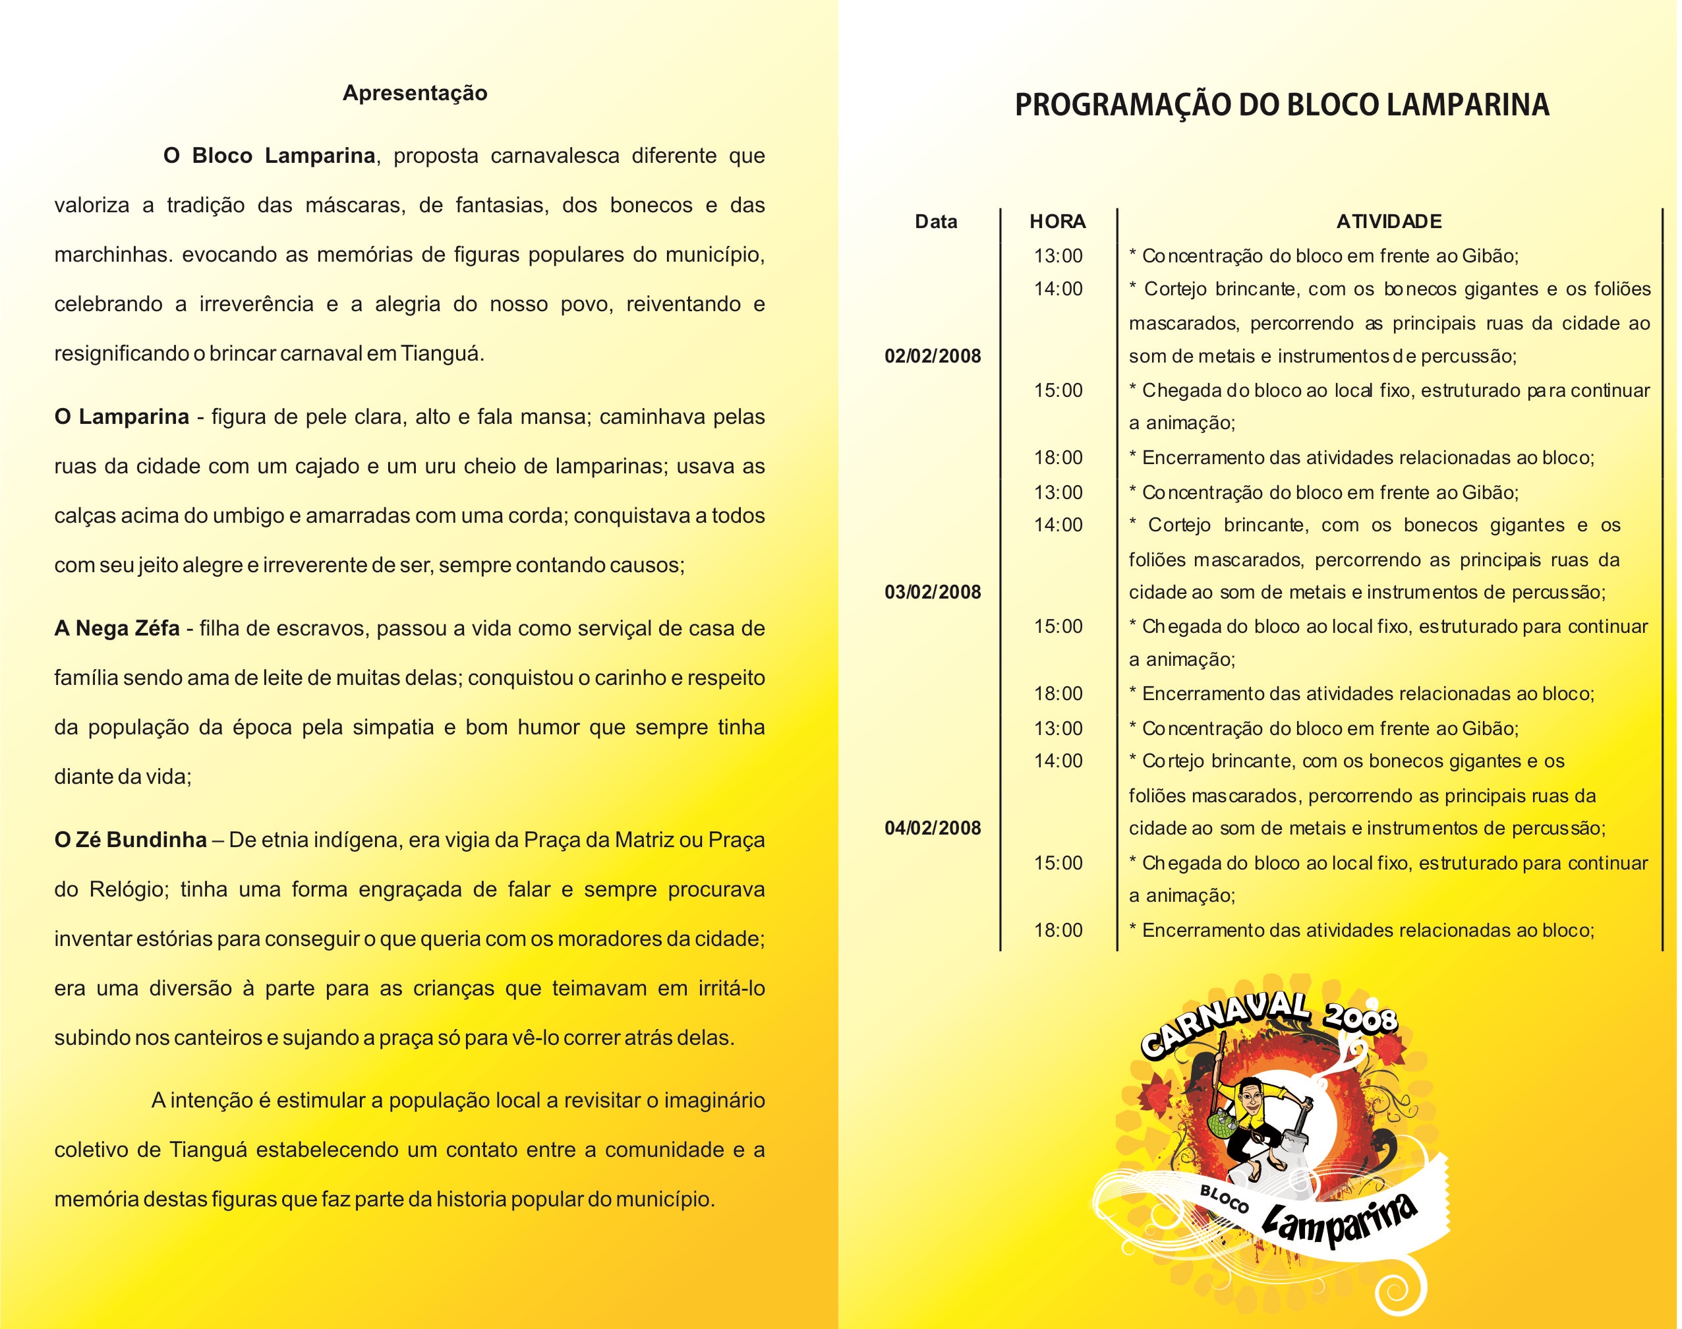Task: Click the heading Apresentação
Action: [415, 94]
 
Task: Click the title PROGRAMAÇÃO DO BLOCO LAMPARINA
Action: [1281, 104]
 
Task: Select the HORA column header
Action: [1057, 221]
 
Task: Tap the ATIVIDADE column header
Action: [1389, 221]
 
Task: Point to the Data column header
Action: [935, 221]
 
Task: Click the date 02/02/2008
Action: [932, 357]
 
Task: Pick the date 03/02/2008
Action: [932, 592]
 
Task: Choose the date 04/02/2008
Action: [932, 828]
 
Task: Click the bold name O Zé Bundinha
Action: [130, 841]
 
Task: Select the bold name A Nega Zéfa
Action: [117, 628]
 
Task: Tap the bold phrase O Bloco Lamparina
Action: [269, 156]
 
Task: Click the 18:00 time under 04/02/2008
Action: [1057, 930]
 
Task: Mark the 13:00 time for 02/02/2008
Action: [1057, 256]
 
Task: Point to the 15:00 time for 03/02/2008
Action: [1057, 626]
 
